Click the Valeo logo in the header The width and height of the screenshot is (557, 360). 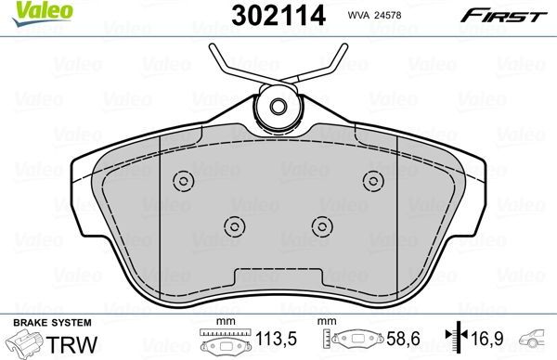[x=43, y=13]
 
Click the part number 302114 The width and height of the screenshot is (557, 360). [x=278, y=16]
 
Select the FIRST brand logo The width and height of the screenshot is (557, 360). [x=503, y=16]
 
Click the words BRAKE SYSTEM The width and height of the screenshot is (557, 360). [x=52, y=323]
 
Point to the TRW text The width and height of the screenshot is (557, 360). [x=71, y=344]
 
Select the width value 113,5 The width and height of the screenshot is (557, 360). [x=276, y=339]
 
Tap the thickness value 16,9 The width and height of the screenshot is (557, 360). [x=487, y=339]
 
